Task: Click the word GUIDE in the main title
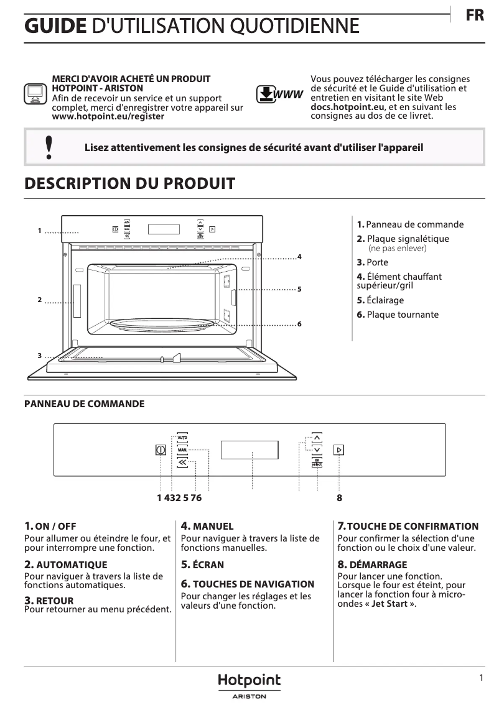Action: coord(55,26)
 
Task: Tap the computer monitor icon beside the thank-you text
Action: coord(34,94)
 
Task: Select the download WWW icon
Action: coord(279,94)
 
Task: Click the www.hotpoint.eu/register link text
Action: coord(108,116)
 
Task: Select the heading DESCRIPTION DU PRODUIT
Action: coord(129,183)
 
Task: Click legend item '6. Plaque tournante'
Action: coord(398,315)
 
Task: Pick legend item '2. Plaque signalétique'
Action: coord(403,239)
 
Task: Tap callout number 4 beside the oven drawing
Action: coord(299,257)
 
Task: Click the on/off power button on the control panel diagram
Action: coord(161,450)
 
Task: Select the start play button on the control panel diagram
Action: coord(339,450)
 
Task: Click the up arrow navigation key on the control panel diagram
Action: coord(317,437)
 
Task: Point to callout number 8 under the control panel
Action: coord(339,498)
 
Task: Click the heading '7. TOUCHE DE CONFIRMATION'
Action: coord(408,526)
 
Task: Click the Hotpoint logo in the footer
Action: coord(249,681)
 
